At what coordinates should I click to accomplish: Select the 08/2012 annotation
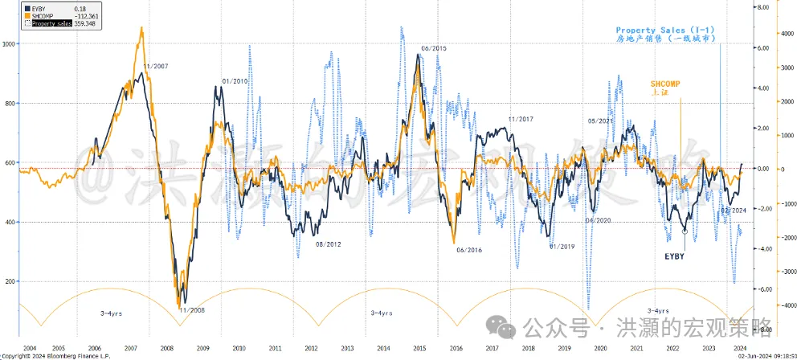pyautogui.click(x=329, y=243)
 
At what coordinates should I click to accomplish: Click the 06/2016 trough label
pyautogui.click(x=468, y=250)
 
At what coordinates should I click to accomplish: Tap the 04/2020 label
pyautogui.click(x=598, y=219)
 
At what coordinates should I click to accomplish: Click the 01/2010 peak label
pyautogui.click(x=235, y=81)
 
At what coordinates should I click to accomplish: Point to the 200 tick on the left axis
pyautogui.click(x=11, y=281)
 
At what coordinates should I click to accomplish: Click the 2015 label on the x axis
pyautogui.click(x=419, y=347)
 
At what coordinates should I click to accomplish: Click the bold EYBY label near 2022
pyautogui.click(x=674, y=256)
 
